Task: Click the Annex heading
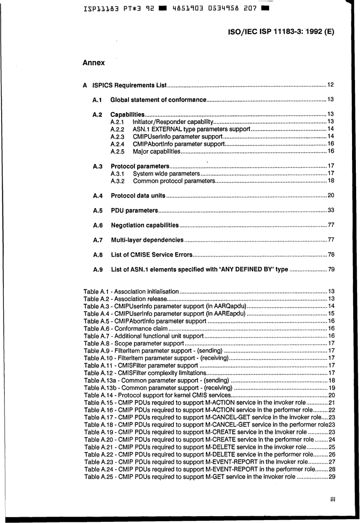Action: coord(94,63)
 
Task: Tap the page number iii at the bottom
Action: coord(333,499)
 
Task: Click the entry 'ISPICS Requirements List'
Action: coord(129,85)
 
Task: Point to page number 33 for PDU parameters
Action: coord(330,210)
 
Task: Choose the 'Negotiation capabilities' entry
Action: coord(144,225)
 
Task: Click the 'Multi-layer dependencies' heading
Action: coord(147,240)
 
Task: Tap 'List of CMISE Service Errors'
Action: coord(152,255)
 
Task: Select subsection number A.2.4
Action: coord(117,144)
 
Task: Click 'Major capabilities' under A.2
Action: coord(157,151)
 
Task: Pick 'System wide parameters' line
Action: coord(166,174)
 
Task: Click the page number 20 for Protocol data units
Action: coord(330,195)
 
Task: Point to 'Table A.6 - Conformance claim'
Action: coord(125,329)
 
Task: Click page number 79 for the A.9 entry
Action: coord(331,270)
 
